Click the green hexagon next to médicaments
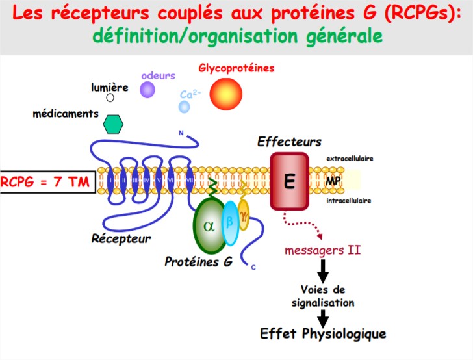[113, 123]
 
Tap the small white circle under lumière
[110, 97]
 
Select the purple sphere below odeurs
[147, 90]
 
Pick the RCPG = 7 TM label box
[47, 182]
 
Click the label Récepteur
[121, 238]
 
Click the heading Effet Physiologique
[323, 334]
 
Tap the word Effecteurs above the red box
[289, 142]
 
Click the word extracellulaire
[349, 158]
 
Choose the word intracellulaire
[348, 201]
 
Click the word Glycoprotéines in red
[236, 68]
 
